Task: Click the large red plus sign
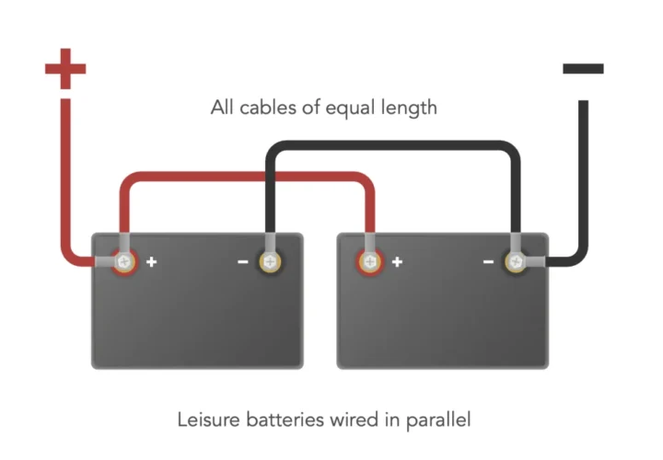coord(64,68)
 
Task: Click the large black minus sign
coord(583,68)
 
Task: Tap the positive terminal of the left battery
coord(124,262)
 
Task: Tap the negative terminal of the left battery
coord(269,262)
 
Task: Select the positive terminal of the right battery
coord(370,262)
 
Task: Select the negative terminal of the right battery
coord(515,262)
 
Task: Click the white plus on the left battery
coord(152,262)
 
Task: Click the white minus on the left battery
coord(242,262)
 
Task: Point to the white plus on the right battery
coord(398,262)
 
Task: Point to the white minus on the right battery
coord(488,262)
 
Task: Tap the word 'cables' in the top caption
coord(268,109)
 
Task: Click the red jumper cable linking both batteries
coord(249,178)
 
